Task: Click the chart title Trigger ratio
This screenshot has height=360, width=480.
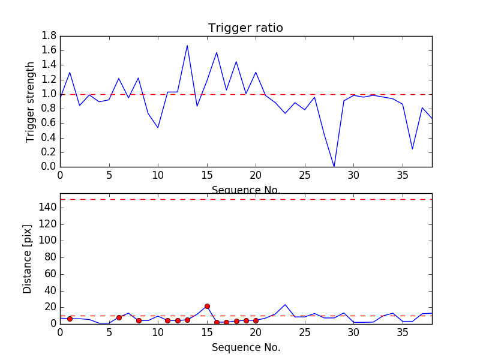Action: [x=245, y=28]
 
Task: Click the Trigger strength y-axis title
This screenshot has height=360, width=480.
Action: [x=30, y=101]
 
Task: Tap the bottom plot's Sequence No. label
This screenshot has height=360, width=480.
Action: [x=246, y=347]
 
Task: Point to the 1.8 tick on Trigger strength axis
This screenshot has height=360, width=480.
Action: [x=49, y=36]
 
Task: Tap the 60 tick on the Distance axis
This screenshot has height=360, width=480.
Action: [x=49, y=274]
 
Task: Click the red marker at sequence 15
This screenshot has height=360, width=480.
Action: [x=207, y=306]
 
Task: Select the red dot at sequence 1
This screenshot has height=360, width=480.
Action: [x=70, y=319]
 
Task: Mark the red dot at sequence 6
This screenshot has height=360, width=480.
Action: [x=119, y=317]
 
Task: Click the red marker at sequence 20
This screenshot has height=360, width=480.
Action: [x=256, y=320]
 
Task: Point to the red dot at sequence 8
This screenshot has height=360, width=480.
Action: [x=139, y=320]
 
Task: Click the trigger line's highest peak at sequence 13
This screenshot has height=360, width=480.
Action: [x=187, y=46]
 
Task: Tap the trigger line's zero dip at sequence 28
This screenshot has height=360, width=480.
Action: [x=334, y=166]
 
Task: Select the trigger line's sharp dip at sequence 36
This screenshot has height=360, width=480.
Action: [x=412, y=149]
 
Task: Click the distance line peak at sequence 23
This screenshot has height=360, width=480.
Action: [x=285, y=304]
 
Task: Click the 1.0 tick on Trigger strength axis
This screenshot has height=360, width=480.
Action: [x=49, y=94]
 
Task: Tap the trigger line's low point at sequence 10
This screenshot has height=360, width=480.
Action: [x=158, y=127]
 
